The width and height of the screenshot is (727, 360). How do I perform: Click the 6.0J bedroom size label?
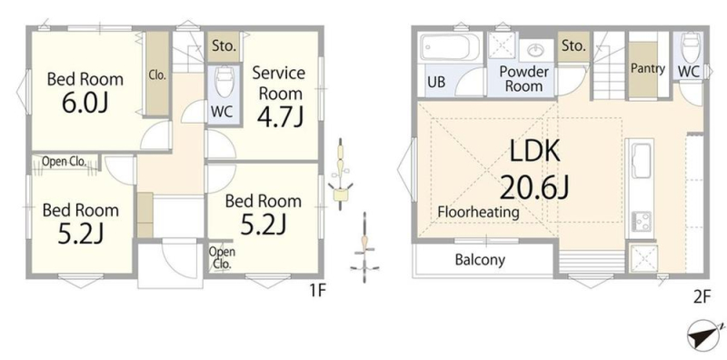(x=85, y=104)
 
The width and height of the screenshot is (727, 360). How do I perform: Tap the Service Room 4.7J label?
(x=280, y=96)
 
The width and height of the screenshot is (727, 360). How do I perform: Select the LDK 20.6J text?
(x=534, y=169)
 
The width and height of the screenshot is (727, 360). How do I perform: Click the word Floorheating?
(x=479, y=213)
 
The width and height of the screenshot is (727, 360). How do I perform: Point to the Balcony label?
(x=480, y=259)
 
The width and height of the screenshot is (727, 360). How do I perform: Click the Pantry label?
(x=648, y=69)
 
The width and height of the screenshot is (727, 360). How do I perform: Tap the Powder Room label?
(x=524, y=79)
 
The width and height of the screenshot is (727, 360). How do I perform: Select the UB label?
(x=436, y=82)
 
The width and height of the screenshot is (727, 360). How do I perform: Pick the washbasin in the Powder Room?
(x=537, y=50)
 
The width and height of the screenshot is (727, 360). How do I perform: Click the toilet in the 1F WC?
(x=224, y=82)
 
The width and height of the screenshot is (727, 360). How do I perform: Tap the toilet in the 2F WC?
(x=690, y=47)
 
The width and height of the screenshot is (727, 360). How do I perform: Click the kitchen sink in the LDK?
(x=641, y=161)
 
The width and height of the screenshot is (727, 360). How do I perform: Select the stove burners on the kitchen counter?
(x=641, y=222)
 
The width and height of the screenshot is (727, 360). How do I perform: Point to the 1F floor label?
(x=318, y=291)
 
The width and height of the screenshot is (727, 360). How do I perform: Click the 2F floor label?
(x=702, y=297)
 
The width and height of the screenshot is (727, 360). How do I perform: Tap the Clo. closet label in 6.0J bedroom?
(x=157, y=75)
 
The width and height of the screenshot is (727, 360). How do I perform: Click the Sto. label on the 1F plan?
(x=224, y=46)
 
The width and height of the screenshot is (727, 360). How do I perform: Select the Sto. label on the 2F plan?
(x=574, y=46)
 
